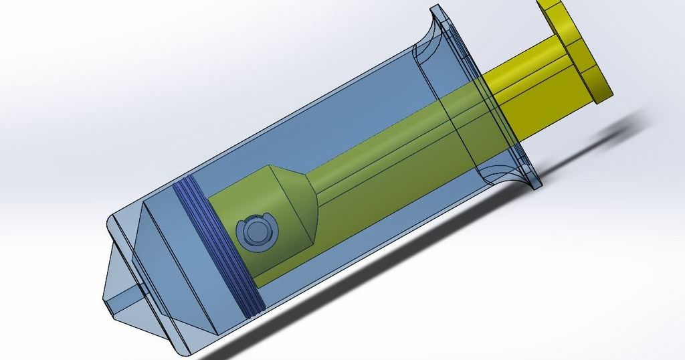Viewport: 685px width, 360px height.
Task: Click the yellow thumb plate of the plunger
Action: pyautogui.click(x=581, y=47)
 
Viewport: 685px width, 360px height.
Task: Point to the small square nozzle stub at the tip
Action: pyautogui.click(x=124, y=298)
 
